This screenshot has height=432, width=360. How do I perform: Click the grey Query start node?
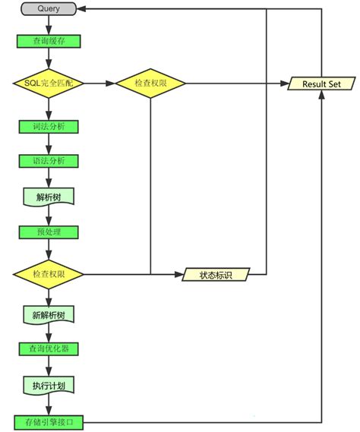point(49,9)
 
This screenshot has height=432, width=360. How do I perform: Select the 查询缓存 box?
point(49,41)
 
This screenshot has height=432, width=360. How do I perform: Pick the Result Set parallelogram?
point(321,83)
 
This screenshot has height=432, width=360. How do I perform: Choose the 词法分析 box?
point(49,126)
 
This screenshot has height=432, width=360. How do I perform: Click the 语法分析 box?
point(49,161)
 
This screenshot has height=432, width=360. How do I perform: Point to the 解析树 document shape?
point(49,196)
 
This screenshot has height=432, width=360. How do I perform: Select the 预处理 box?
point(49,232)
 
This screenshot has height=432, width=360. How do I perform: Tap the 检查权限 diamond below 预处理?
point(49,273)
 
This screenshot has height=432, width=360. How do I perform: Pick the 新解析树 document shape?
point(49,314)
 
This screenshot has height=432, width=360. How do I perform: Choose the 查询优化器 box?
point(49,348)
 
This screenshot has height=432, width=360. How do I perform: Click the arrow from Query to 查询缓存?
point(49,25)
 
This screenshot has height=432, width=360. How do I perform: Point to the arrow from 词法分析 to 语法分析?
point(49,143)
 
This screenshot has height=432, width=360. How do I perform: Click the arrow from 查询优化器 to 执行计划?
point(49,365)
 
